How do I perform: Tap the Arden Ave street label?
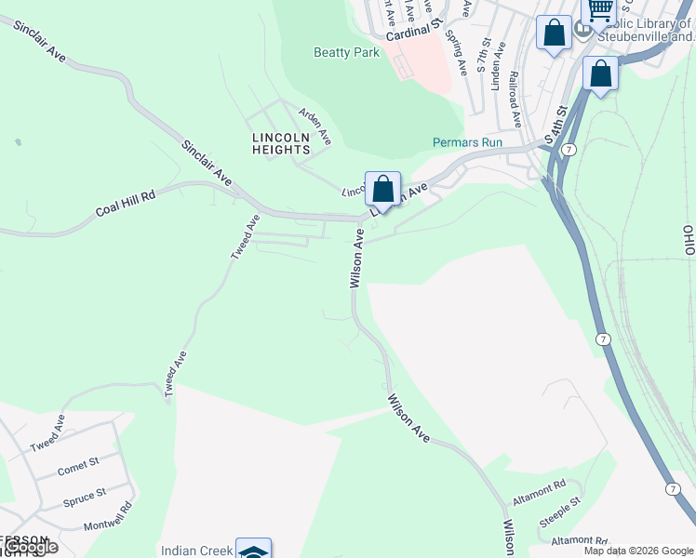click(315, 125)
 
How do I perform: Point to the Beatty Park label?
click(346, 53)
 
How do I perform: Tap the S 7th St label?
click(483, 55)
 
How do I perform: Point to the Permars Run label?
click(467, 143)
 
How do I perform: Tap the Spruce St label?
click(84, 497)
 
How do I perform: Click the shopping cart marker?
click(599, 11)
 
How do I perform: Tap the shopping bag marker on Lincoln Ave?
click(382, 189)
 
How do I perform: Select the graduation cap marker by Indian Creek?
click(253, 549)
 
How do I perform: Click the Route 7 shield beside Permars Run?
click(569, 149)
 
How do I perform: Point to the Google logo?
click(30, 547)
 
